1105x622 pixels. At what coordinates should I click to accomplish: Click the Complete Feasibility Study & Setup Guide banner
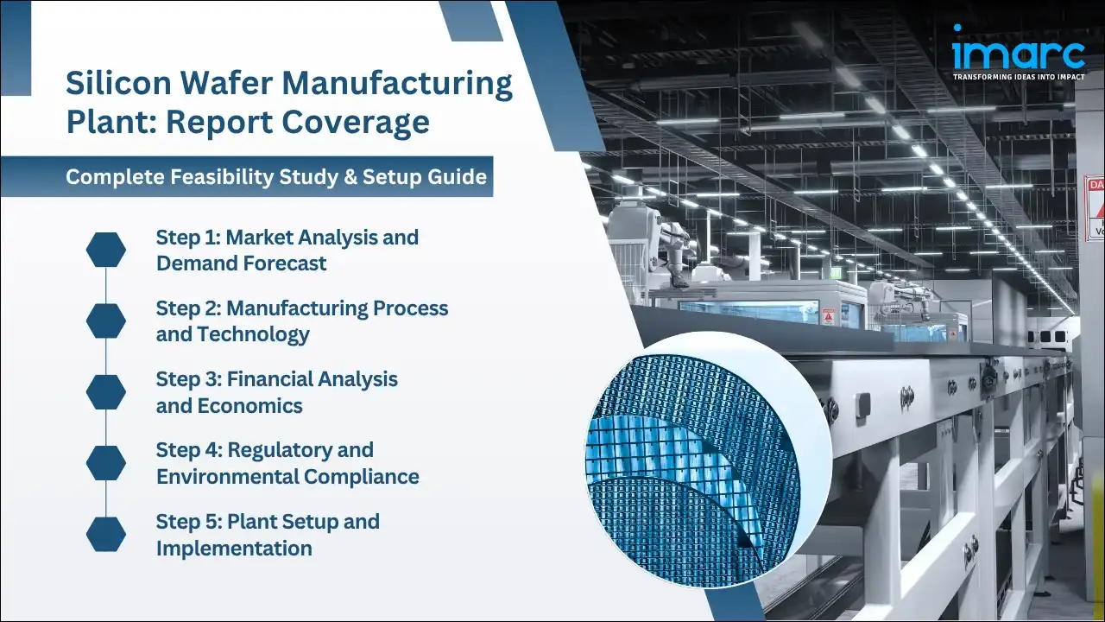276,177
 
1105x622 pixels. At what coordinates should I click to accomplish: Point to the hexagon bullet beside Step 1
106,250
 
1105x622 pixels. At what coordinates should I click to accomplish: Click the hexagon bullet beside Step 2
106,321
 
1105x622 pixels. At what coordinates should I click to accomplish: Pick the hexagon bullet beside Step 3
106,391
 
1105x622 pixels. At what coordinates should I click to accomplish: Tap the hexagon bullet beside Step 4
106,463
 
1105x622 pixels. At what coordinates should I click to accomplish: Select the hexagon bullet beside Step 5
106,534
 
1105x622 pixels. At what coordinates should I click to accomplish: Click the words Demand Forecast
241,263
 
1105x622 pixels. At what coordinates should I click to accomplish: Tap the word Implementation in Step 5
234,548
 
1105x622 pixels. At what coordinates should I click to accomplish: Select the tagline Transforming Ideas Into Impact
1018,77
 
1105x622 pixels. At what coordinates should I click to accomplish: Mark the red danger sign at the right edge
1095,207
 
